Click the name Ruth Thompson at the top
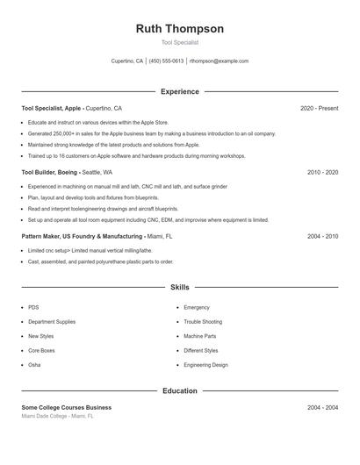(180, 29)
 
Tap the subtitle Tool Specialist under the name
(180, 42)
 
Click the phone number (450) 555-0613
(167, 61)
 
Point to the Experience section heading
(180, 91)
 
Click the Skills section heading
(180, 287)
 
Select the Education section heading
(180, 390)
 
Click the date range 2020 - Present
(319, 108)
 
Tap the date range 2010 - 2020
(322, 173)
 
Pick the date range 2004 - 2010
(322, 237)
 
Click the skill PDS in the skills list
(33, 308)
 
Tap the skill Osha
(34, 365)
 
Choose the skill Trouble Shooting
(203, 322)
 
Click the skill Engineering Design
(205, 365)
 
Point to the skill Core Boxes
(41, 351)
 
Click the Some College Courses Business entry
(67, 408)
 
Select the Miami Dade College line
(57, 417)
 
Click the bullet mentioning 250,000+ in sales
(151, 133)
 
